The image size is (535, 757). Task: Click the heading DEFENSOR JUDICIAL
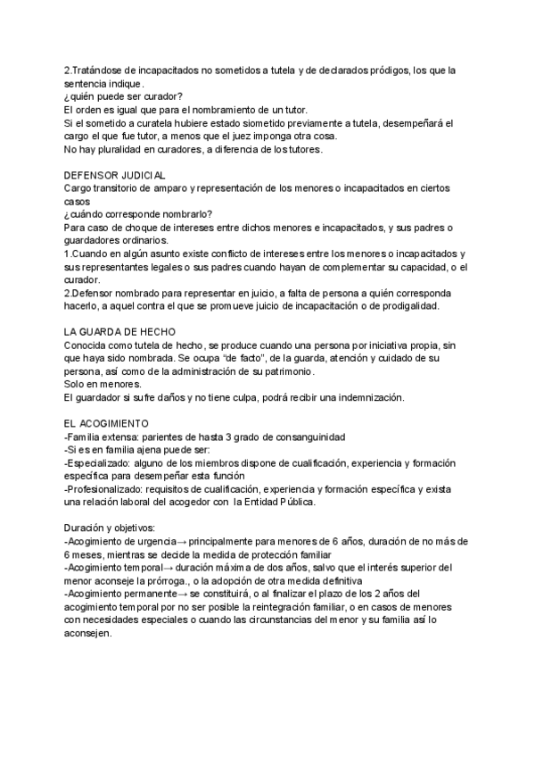[x=115, y=176]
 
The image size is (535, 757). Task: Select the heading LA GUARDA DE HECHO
[x=121, y=331]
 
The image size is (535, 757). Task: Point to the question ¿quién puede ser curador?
[x=124, y=96]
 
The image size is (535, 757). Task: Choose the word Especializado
[x=103, y=463]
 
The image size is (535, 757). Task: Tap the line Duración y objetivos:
[x=111, y=528]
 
